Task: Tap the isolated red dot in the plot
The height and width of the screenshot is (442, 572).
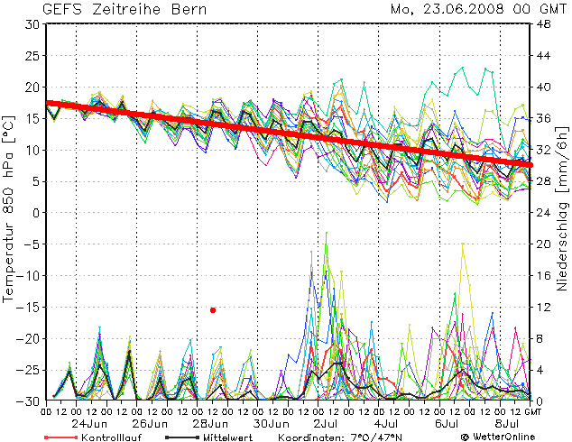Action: click(213, 309)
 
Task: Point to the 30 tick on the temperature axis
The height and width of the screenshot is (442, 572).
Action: click(32, 24)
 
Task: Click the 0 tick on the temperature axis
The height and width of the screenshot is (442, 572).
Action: click(35, 213)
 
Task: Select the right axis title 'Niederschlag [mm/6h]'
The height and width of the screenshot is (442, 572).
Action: click(561, 212)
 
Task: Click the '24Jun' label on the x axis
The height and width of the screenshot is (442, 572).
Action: click(91, 423)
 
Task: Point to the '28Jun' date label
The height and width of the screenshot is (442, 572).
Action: click(213, 423)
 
